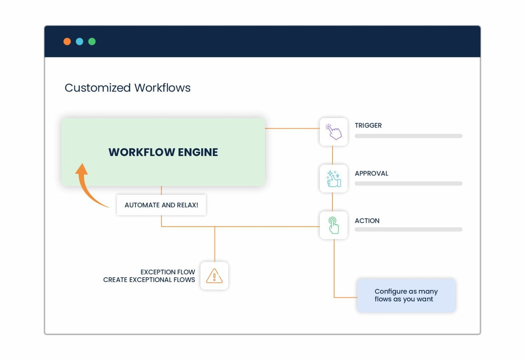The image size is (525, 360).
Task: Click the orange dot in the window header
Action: tap(67, 42)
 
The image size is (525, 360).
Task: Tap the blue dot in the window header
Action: tap(79, 42)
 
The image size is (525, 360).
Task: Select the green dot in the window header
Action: tap(92, 42)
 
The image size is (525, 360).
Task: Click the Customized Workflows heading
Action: tap(127, 88)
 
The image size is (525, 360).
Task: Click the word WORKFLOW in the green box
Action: tap(142, 152)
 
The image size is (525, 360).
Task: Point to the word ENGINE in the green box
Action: tap(198, 152)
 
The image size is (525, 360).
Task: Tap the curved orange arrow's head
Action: tap(82, 169)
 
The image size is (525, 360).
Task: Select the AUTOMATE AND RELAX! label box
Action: tap(161, 205)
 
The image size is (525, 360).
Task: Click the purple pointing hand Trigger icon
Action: tap(333, 132)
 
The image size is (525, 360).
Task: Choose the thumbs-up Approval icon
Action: tap(333, 178)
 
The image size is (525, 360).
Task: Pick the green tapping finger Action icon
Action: tap(333, 225)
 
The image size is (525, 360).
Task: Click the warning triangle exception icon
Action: tap(214, 276)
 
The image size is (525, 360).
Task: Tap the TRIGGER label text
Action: tap(368, 125)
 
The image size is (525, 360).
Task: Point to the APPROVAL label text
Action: tap(371, 173)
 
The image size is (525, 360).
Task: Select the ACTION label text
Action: tap(367, 221)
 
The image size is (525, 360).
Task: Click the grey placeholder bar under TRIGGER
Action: tap(408, 136)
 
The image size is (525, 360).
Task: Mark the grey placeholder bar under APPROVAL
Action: tap(408, 184)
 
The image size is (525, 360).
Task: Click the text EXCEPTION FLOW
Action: tap(167, 272)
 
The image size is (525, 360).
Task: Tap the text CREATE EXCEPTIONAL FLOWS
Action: tap(149, 280)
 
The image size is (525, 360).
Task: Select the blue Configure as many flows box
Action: tap(406, 295)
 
